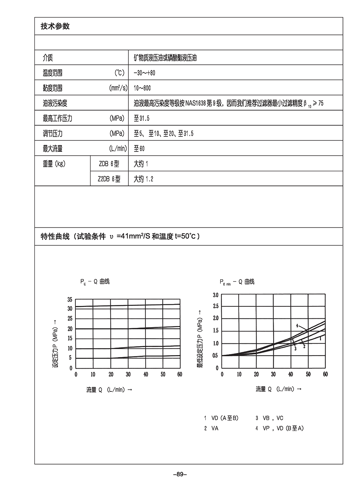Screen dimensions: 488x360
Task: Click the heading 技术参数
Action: point(55,27)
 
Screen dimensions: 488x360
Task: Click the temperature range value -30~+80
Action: point(144,73)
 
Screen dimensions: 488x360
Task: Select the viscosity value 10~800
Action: point(142,88)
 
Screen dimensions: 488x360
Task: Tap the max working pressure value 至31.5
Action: point(142,118)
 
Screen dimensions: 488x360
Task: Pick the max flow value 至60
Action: point(139,149)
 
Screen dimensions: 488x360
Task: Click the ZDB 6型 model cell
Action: point(109,164)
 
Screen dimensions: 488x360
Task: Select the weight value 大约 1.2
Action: point(143,179)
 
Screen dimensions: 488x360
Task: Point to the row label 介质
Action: point(48,58)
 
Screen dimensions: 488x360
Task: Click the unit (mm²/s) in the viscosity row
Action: point(118,88)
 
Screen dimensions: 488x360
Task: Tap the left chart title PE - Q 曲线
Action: point(95,282)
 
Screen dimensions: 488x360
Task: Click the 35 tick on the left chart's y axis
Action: point(70,299)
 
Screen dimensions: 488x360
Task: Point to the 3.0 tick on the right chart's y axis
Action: point(216,295)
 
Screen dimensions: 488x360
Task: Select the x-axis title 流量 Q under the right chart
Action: point(279,389)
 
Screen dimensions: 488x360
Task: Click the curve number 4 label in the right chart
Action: point(297,326)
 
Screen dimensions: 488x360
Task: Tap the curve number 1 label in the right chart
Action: point(321,339)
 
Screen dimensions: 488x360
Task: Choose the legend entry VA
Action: point(215,428)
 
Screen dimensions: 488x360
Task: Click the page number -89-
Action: point(180,474)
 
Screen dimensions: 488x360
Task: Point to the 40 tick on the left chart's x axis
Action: point(146,374)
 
